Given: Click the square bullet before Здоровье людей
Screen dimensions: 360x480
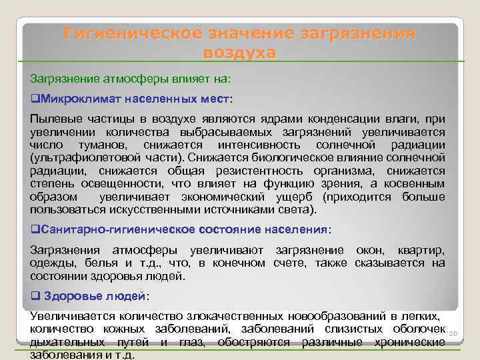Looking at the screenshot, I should tap(35, 295).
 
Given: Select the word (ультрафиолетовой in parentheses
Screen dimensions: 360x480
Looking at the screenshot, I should tap(76, 157).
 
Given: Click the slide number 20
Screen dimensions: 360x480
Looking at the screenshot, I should tap(453, 333).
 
